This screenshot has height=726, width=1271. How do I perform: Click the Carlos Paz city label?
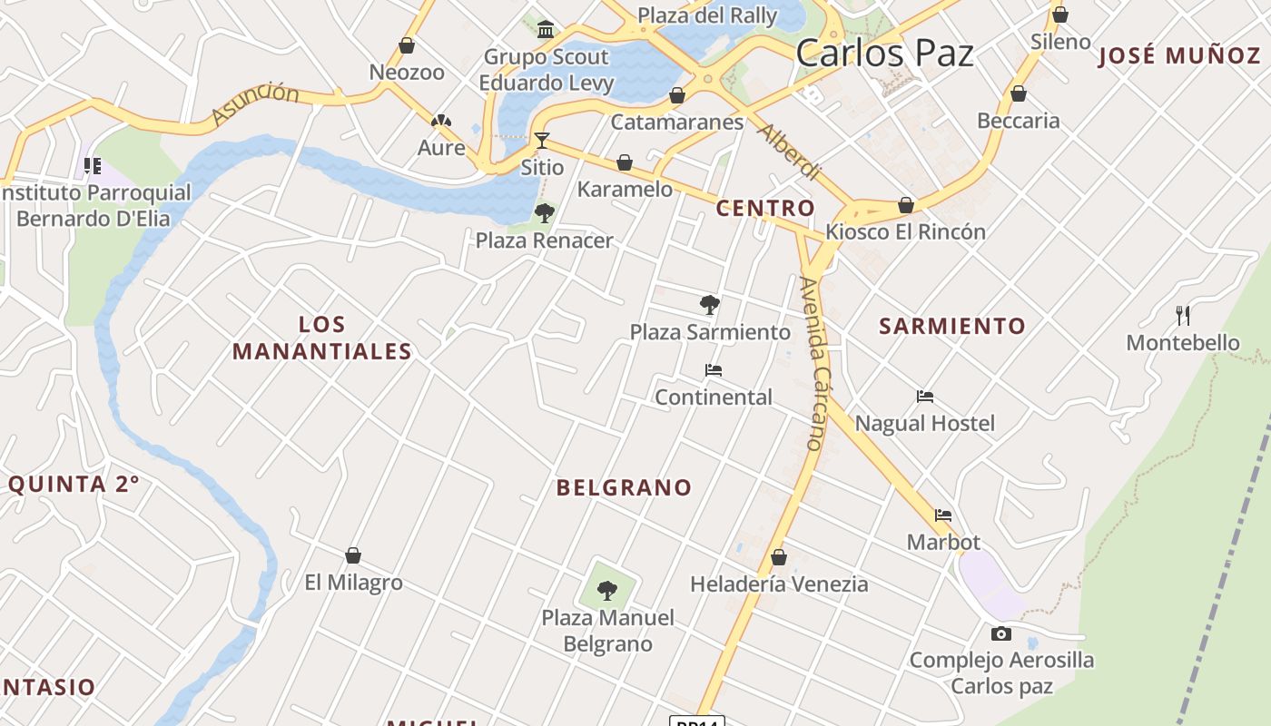[x=884, y=53]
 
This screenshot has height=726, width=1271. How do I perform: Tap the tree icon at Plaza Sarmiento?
[x=710, y=304]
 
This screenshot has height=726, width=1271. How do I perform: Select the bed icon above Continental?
[x=714, y=370]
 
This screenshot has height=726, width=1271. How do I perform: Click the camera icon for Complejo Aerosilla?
[x=1001, y=633]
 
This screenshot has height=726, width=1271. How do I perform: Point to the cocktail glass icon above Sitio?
[x=542, y=141]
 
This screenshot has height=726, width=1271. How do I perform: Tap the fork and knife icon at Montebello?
[x=1183, y=316]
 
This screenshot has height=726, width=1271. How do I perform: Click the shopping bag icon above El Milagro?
[x=353, y=555]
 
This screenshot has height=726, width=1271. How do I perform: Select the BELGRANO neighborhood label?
[x=624, y=487]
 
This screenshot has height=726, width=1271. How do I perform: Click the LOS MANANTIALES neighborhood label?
[x=321, y=338]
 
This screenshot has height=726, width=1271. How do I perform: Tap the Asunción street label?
[x=255, y=103]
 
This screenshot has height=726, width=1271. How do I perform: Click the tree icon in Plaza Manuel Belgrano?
[x=607, y=591]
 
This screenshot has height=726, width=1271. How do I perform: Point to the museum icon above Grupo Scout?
[x=546, y=30]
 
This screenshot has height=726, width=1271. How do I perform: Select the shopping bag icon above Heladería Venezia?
[x=778, y=557]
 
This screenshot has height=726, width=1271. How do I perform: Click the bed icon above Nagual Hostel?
[x=925, y=397]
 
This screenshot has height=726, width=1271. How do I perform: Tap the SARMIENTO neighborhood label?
[x=952, y=326]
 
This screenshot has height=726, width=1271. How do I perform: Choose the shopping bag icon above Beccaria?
[x=1019, y=93]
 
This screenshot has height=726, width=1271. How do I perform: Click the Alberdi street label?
[x=789, y=152]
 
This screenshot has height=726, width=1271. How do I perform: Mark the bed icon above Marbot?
[x=943, y=515]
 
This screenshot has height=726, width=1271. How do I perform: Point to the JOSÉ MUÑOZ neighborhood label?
[x=1179, y=55]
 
